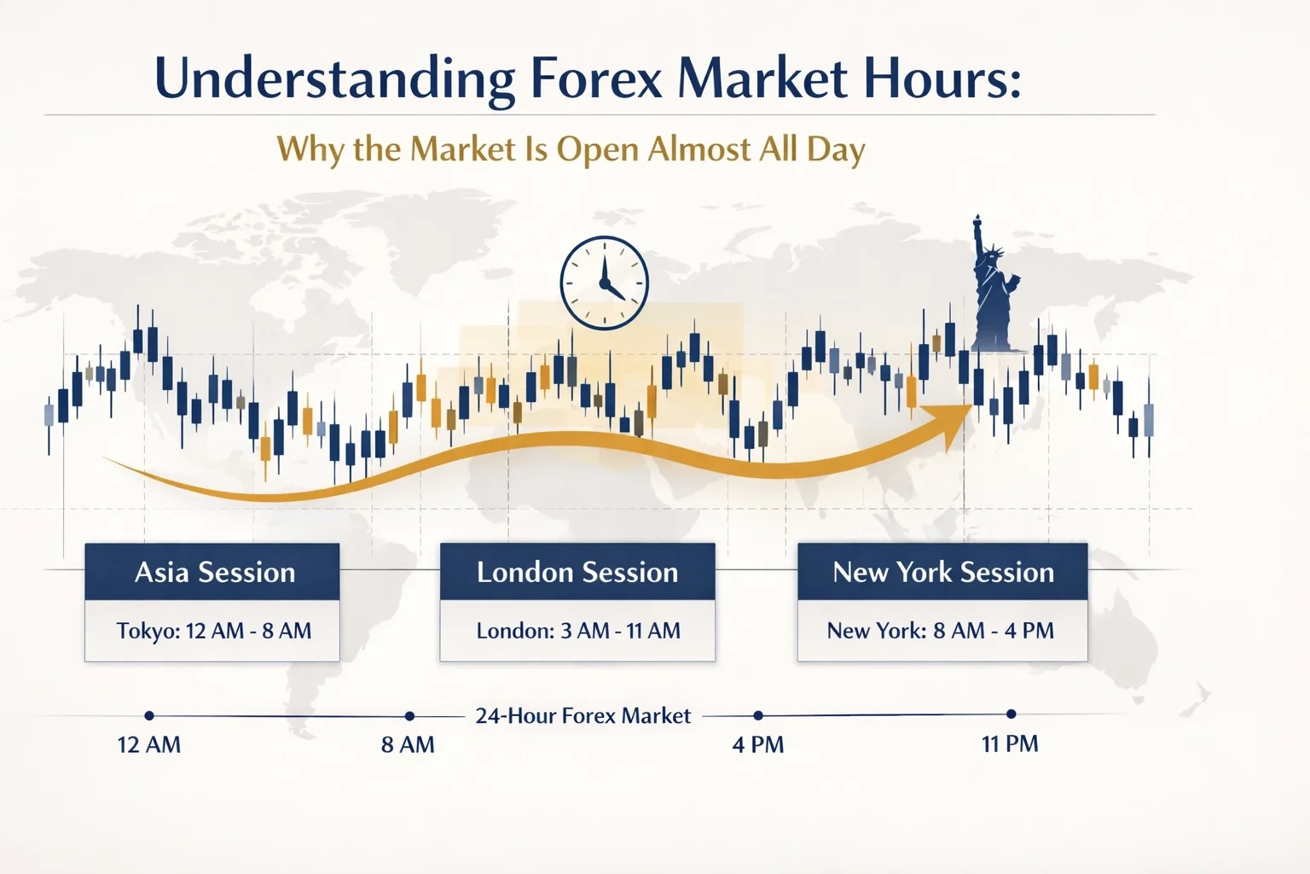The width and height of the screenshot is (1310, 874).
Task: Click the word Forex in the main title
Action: [x=595, y=79]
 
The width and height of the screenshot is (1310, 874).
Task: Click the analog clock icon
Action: [x=604, y=283]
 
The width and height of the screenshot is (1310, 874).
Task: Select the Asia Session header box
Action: [x=212, y=572]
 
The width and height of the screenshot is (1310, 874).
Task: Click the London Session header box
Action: [x=577, y=572]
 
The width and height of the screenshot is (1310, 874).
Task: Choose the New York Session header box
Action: [x=942, y=572]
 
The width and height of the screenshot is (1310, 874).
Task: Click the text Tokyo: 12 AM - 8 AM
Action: [x=213, y=631]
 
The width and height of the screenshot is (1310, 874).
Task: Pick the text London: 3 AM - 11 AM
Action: [x=577, y=631]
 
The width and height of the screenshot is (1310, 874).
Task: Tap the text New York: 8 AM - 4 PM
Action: [x=941, y=631]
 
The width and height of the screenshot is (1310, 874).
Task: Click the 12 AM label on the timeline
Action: [x=149, y=745]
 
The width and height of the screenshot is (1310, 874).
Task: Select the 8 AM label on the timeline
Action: [x=408, y=745]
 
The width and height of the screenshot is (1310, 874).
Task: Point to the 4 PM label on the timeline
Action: [x=757, y=745]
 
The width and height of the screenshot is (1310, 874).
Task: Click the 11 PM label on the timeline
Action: [x=1010, y=744]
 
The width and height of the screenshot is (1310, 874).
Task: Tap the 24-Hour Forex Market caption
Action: [x=583, y=716]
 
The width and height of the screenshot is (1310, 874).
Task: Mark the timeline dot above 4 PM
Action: [x=758, y=716]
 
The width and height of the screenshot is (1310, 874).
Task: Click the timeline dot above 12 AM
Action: [x=149, y=716]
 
